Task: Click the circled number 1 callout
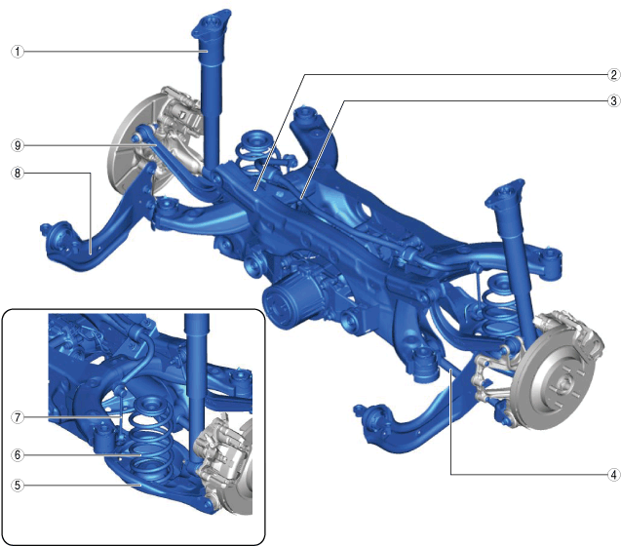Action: click(18, 52)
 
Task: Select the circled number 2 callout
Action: click(613, 74)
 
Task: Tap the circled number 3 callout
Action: click(613, 101)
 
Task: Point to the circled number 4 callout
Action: click(613, 474)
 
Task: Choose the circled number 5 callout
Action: click(18, 485)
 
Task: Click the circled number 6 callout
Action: click(18, 455)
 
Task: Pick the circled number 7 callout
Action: click(18, 417)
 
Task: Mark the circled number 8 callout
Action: click(18, 174)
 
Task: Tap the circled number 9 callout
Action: click(18, 145)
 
